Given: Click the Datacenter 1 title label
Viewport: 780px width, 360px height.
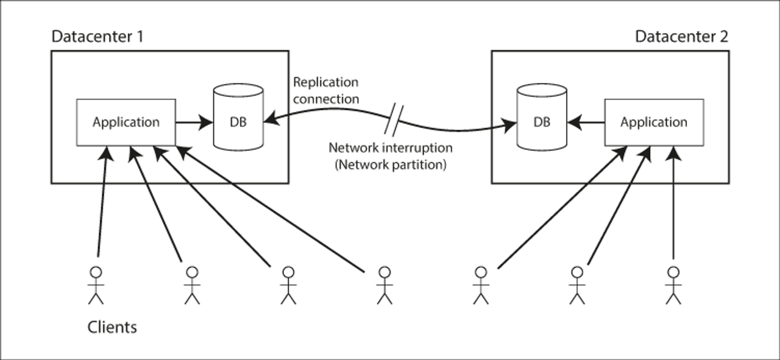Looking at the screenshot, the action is coord(97,36).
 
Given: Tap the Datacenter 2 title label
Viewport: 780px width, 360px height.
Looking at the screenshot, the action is coord(682,36).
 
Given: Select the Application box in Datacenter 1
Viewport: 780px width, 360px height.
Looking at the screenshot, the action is coord(126,122).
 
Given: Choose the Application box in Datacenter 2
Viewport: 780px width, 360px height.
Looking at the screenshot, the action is coord(654,122).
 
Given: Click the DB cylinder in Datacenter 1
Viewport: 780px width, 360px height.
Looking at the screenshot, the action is coord(238,118).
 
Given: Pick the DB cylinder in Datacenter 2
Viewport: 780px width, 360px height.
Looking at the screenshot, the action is coord(542,118).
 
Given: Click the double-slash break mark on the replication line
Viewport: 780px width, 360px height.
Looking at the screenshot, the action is coord(394,119).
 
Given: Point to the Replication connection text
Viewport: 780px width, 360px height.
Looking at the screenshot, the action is coord(326,91).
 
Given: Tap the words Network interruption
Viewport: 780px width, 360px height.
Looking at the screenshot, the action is coord(391,147).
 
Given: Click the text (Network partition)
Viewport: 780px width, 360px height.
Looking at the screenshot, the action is coord(391,164).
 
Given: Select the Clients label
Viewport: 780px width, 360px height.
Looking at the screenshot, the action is coord(112,327).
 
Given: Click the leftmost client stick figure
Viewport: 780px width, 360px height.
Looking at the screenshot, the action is coord(96,286).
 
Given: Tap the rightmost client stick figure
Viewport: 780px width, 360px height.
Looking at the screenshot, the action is coord(673,286).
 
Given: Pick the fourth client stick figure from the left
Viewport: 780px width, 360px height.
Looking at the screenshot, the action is coord(385,286).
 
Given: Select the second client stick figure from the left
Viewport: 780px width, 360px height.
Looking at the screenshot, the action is coord(192,286).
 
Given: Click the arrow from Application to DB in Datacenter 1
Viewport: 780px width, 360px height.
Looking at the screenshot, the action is coord(194,122).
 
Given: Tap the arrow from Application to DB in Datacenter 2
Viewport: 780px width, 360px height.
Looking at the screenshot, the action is coord(586,122).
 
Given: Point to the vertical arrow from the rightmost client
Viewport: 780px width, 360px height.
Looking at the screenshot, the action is coord(673,203).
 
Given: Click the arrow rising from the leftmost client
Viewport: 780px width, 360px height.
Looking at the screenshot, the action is coord(103,202).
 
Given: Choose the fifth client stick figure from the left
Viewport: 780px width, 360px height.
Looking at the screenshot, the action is coord(481,286).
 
